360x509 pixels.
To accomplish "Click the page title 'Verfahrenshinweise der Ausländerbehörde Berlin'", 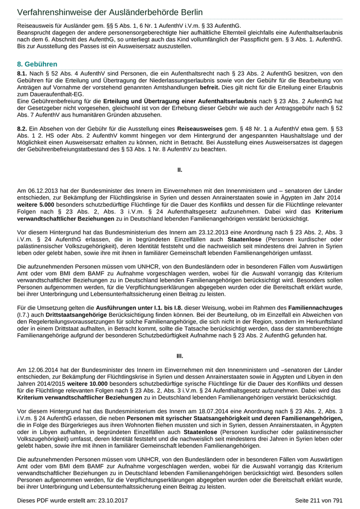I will tap(110, 12).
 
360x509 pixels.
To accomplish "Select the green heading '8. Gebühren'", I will tap(37, 64).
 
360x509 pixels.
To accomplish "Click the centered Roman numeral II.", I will tap(179, 169).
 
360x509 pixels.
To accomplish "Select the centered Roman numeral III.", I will tap(179, 356).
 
